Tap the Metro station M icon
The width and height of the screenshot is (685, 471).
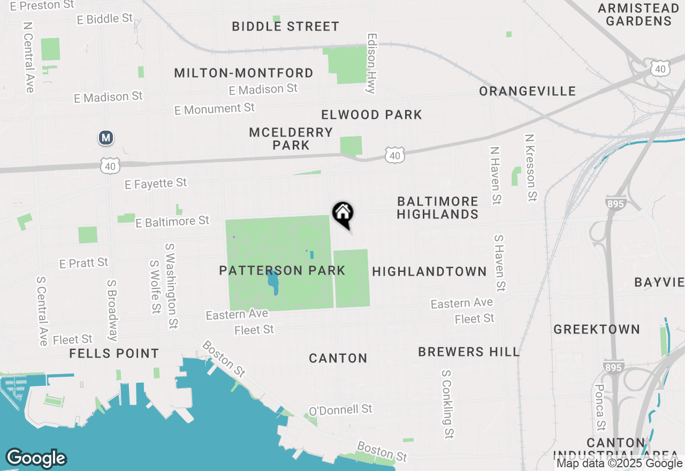(x=106, y=138)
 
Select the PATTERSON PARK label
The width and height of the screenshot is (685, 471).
(x=282, y=270)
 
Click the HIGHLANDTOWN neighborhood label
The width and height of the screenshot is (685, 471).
(x=429, y=271)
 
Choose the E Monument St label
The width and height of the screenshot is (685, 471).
(x=215, y=109)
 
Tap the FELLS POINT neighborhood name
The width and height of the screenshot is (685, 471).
(x=114, y=353)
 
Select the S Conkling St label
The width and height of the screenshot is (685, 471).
(x=447, y=404)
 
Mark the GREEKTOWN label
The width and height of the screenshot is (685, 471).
(x=597, y=329)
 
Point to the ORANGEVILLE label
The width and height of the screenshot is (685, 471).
(x=527, y=91)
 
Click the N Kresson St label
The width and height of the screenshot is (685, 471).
(x=530, y=168)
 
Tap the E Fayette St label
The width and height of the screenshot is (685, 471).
(x=156, y=184)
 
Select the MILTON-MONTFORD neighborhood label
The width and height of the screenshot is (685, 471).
(x=243, y=73)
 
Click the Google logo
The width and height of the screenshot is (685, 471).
(x=36, y=458)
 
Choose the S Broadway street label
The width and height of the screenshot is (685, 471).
(x=112, y=310)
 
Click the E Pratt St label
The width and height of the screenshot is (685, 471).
(x=84, y=263)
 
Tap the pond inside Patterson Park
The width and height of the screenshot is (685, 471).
(x=273, y=282)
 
